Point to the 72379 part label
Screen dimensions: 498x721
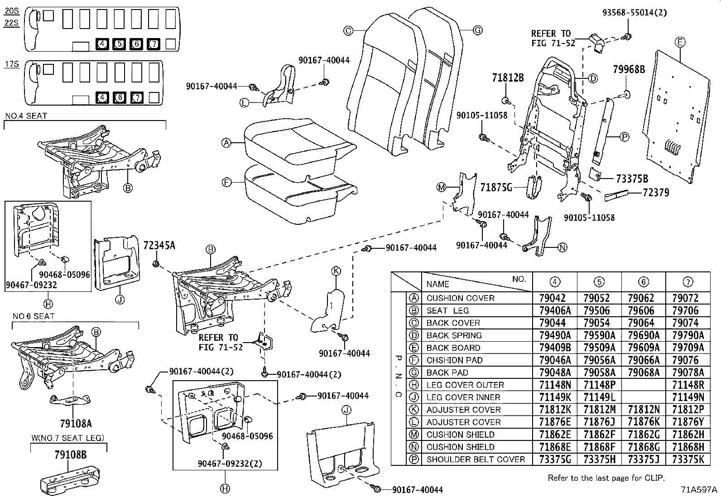[x=655, y=193]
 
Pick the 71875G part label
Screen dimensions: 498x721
[x=496, y=187]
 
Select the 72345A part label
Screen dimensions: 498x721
[x=159, y=246]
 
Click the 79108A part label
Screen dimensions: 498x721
[x=76, y=424]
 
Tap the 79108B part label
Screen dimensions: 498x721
[x=71, y=455]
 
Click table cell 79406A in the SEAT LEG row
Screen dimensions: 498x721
[x=555, y=310]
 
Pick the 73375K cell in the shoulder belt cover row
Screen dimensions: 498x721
[x=688, y=459]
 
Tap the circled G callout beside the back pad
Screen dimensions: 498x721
[x=477, y=30]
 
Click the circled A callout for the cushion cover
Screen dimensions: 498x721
[x=226, y=143]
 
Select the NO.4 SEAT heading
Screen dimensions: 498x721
[x=26, y=116]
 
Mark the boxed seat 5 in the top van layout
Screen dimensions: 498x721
[x=119, y=44]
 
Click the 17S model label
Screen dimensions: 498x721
[x=12, y=64]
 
